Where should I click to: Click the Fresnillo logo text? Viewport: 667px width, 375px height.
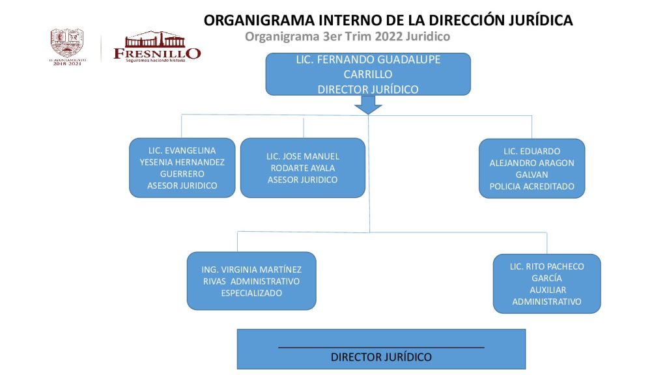click(x=157, y=52)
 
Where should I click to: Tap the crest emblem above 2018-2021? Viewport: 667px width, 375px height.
click(x=68, y=42)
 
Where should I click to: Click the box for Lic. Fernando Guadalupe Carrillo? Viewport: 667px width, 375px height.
click(x=368, y=74)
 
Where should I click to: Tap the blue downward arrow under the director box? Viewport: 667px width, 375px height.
click(x=368, y=105)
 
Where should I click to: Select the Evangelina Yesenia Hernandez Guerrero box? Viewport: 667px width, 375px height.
click(x=182, y=168)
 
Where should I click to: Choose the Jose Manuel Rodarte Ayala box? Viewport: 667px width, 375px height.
click(x=302, y=168)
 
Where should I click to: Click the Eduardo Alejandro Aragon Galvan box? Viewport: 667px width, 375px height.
click(x=532, y=168)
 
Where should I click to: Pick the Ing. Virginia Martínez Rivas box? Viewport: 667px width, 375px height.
click(x=251, y=281)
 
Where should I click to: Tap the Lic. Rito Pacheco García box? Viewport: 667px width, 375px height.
click(x=546, y=284)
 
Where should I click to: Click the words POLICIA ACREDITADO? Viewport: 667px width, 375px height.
click(x=532, y=186)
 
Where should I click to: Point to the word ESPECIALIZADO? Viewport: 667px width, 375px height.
click(x=251, y=293)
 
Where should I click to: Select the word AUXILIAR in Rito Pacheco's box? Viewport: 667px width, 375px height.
click(x=547, y=290)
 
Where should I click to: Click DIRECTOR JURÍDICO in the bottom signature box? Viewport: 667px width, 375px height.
click(x=381, y=357)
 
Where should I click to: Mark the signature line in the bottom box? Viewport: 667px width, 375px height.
click(x=381, y=348)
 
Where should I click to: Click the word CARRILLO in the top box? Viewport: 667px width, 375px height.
click(x=368, y=74)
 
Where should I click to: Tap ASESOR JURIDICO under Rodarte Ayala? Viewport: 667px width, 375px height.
click(x=302, y=180)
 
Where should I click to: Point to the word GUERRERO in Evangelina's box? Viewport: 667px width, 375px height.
click(x=182, y=174)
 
